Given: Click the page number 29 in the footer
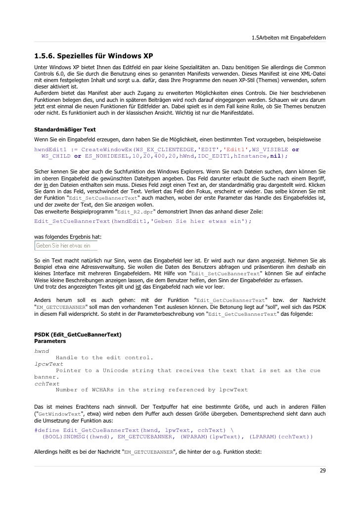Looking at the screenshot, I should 322,470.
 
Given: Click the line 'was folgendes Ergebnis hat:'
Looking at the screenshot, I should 68,237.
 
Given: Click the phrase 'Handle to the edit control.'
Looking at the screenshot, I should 104,357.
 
